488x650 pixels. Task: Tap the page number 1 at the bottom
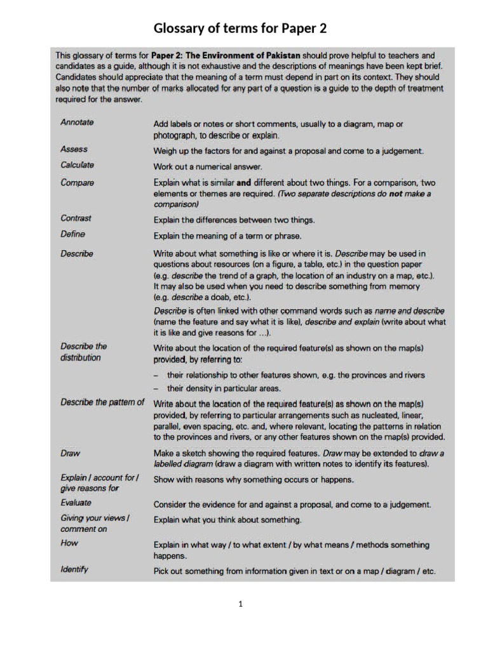[x=241, y=604]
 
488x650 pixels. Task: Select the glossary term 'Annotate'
[x=77, y=123]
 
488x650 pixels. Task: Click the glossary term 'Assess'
[x=74, y=149]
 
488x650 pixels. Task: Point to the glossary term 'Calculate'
[x=77, y=165]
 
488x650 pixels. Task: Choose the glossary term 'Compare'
[x=77, y=183]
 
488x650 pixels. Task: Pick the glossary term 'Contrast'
[x=76, y=218]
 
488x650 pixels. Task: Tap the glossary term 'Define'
[x=72, y=234]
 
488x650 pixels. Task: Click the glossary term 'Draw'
[x=70, y=454]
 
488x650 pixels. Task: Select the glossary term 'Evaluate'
[x=76, y=503]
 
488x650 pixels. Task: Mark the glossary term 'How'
[x=69, y=543]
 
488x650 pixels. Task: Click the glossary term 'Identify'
[x=74, y=569]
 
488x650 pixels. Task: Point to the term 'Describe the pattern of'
[x=102, y=402]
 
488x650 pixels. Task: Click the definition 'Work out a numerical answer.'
[x=207, y=167]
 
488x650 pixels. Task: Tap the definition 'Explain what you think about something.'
[x=227, y=520]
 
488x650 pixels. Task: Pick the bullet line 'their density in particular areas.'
[x=224, y=388]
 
